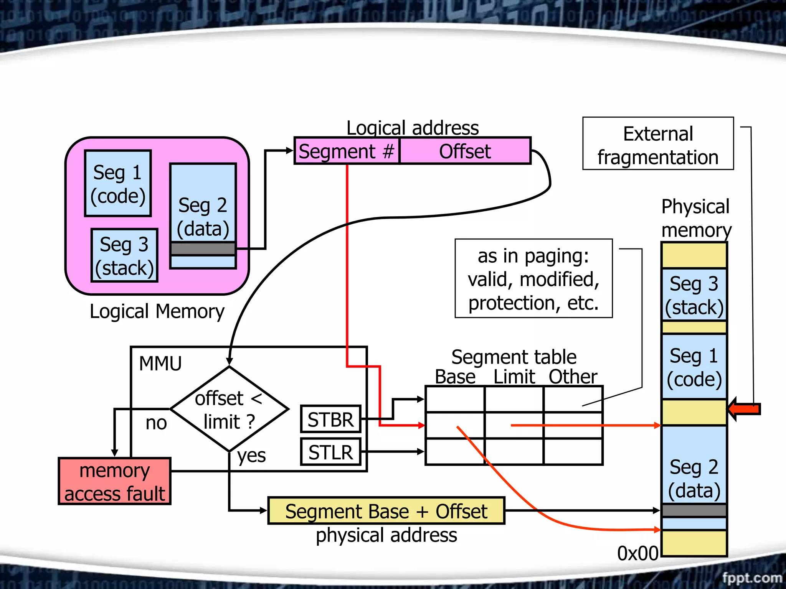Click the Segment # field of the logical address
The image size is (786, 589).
coord(347,151)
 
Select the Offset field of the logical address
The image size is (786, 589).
coord(465,151)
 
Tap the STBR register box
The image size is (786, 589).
coord(330,419)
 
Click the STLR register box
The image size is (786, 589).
coord(330,452)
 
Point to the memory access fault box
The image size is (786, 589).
coord(114,482)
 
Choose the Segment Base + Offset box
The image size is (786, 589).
coord(386,511)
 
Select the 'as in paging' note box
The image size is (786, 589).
coord(533,279)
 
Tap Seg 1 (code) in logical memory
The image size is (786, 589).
coord(118,184)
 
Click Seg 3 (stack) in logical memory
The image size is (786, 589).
coord(124,256)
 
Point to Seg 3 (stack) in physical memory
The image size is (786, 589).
coord(694,295)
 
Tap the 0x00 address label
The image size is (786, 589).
coord(637,553)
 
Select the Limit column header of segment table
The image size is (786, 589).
coord(514,377)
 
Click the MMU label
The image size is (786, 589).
coord(160,363)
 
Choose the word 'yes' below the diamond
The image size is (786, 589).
coord(251,456)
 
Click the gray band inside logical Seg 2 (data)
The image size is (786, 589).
coord(203,249)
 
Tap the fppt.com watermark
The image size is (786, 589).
coord(751,577)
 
